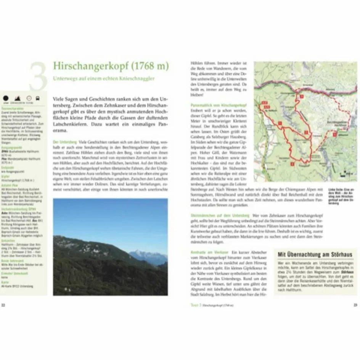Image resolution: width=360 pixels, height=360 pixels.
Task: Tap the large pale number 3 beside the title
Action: pos(38,76)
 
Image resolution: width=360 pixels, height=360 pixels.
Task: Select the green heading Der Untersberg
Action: pos(64,142)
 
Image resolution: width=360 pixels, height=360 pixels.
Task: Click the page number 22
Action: pos(3,305)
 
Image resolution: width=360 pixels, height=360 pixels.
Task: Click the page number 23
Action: pos(355,305)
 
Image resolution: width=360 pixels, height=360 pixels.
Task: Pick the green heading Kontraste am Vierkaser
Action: pos(209,252)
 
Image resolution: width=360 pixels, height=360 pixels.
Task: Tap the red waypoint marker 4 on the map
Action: pos(292,164)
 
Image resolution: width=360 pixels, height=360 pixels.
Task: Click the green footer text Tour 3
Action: pos(196,305)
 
